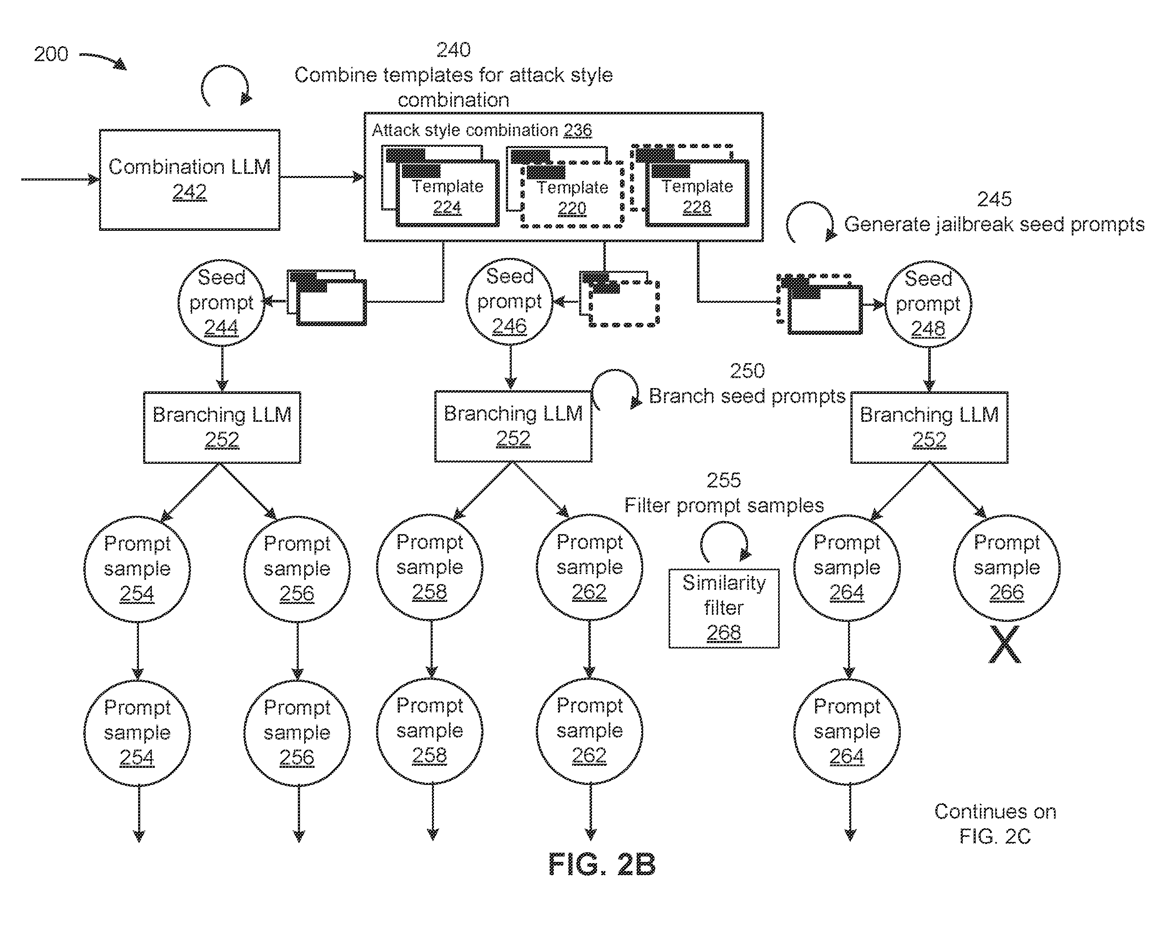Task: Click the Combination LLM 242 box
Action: tap(190, 180)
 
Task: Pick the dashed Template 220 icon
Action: tap(566, 187)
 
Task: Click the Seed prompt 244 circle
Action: tap(221, 302)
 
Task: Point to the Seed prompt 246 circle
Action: tap(510, 302)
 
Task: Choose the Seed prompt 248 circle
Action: tap(928, 304)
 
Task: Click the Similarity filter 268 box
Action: tap(724, 608)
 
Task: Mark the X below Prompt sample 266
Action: tap(1005, 644)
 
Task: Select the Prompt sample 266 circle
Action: tap(1006, 568)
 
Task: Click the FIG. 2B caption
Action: tap(602, 864)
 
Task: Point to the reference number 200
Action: tap(51, 54)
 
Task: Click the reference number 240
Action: tap(454, 49)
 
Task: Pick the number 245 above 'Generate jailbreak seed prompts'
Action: tap(994, 199)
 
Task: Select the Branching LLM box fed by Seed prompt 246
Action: tap(513, 426)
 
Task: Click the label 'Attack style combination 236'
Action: tap(481, 130)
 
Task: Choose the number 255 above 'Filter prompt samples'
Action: tap(724, 480)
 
